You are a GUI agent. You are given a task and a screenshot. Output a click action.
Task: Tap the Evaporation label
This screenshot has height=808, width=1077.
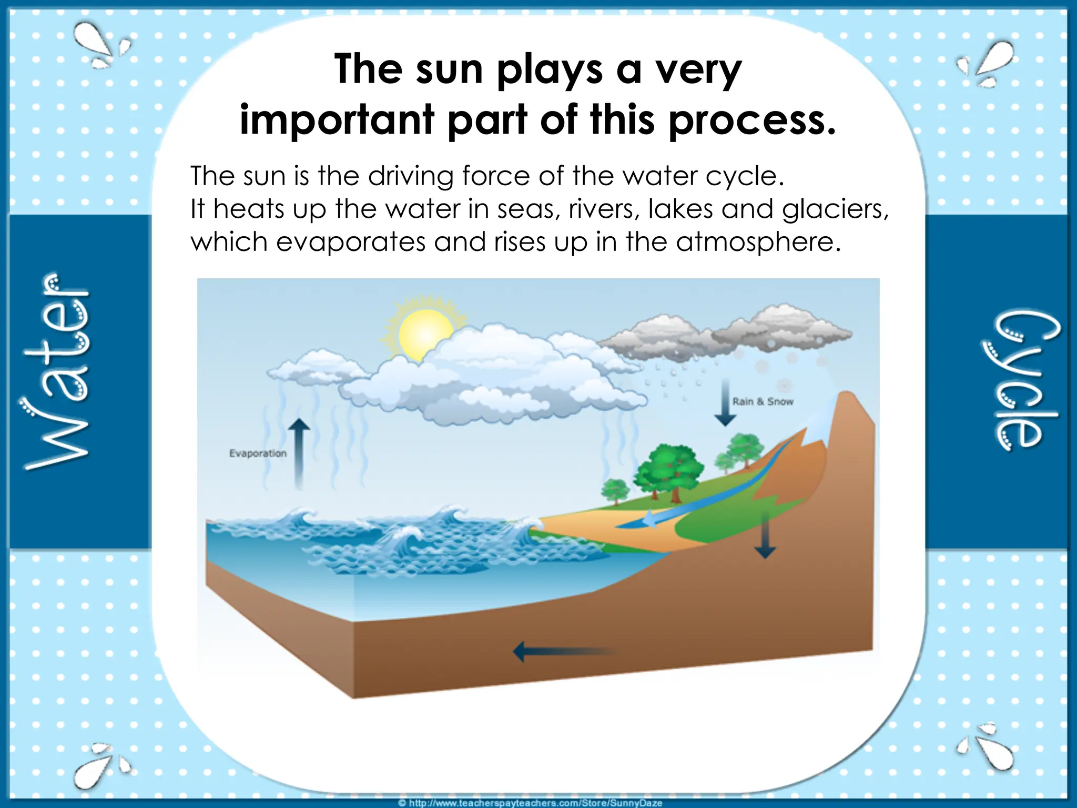click(x=258, y=453)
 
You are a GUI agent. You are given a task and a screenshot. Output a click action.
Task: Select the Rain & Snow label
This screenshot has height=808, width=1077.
click(x=763, y=402)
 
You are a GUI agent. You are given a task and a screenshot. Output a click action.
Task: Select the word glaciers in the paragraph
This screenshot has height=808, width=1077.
click(x=835, y=209)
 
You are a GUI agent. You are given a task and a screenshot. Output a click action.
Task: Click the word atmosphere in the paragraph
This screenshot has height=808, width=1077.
click(x=758, y=242)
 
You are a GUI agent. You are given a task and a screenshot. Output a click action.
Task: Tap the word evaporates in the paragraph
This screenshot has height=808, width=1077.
click(x=351, y=242)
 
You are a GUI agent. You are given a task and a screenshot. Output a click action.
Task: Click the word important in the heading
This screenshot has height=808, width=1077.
click(x=337, y=120)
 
